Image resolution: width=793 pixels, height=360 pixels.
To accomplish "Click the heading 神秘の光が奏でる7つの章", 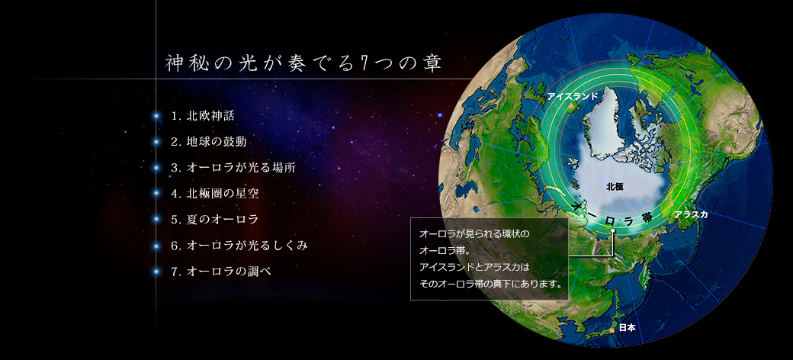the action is coord(304,64).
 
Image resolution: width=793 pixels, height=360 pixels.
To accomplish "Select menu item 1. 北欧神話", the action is coord(203,116).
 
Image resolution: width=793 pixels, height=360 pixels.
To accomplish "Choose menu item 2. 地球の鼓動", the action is coord(209,142).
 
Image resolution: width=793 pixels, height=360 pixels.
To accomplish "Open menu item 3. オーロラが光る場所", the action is coord(233,168).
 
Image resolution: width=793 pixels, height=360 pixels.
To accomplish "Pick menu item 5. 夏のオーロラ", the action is coord(215,220).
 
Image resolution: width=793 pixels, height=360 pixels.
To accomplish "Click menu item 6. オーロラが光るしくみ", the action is coord(239,246).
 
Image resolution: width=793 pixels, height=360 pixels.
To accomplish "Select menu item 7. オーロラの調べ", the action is coord(221,272).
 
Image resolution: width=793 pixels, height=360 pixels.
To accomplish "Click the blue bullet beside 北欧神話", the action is coord(156,116).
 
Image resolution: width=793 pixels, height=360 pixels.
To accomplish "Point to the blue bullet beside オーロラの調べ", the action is coord(156,272).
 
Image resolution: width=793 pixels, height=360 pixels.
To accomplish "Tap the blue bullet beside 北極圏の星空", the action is coord(156,194).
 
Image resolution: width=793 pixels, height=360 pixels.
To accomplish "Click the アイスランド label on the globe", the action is coord(573,95).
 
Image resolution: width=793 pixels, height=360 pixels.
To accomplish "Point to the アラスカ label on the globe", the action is coord(691,214).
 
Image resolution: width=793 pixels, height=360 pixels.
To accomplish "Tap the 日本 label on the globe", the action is coord(627,328).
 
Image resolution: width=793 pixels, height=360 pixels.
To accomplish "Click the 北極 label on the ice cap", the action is coord(615,187).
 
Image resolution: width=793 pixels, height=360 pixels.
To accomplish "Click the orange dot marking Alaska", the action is coord(672,204).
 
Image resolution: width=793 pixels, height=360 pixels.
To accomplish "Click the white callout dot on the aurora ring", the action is coord(612,230).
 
